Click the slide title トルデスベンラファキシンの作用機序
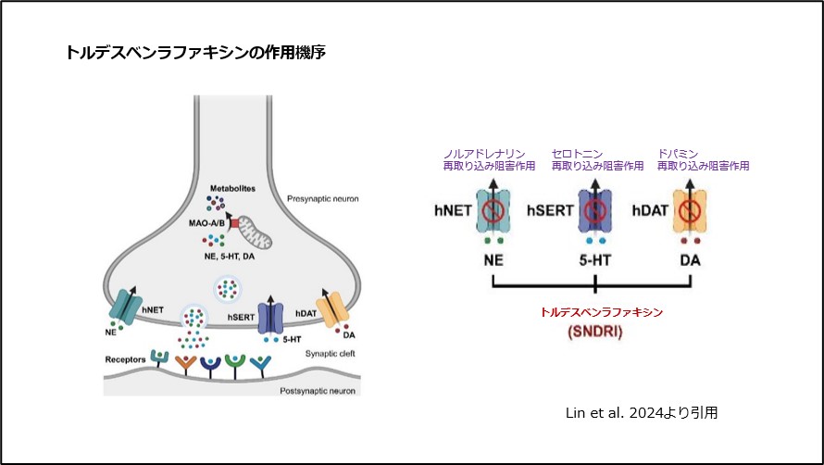(194, 53)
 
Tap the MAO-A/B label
(209, 224)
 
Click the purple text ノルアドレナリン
(485, 153)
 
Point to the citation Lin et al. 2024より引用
(641, 412)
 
